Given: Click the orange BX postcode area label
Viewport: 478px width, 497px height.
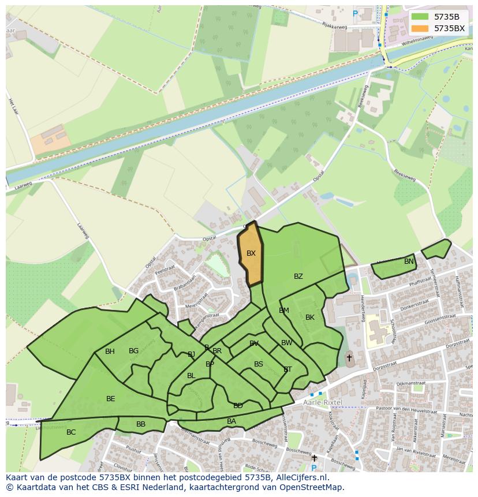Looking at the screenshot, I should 251,253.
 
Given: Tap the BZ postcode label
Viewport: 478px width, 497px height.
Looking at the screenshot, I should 298,276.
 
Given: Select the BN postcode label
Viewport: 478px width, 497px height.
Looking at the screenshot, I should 409,261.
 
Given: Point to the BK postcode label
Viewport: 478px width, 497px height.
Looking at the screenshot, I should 310,317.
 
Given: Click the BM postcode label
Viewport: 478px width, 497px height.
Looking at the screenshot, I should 284,311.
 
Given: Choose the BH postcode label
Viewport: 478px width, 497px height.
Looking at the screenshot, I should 110,352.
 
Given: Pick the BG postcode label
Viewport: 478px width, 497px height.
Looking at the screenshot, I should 133,351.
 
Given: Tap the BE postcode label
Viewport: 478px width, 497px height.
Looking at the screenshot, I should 111,399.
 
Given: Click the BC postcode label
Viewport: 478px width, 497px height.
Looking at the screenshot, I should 71,432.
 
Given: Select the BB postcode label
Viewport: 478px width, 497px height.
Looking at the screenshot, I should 141,424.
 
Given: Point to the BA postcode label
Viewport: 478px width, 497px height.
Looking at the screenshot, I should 231,421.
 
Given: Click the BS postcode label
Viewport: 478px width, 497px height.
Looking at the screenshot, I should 259,364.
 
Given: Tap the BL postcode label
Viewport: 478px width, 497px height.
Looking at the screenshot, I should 191,376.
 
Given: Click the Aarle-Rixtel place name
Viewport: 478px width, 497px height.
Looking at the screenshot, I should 322,402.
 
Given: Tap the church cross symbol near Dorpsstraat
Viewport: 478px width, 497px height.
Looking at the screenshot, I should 349,358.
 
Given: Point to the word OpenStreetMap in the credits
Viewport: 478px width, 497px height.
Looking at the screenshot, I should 311,487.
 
